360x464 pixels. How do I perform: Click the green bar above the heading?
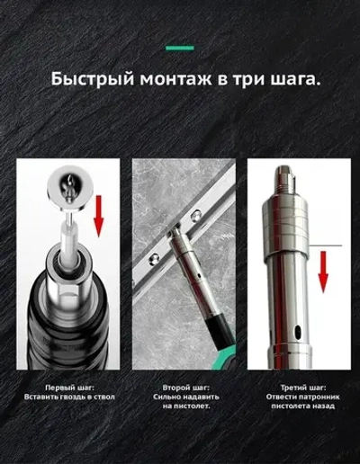click(179, 48)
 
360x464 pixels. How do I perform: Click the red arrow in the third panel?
click(323, 269)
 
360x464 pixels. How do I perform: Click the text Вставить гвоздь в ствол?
click(68, 397)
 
